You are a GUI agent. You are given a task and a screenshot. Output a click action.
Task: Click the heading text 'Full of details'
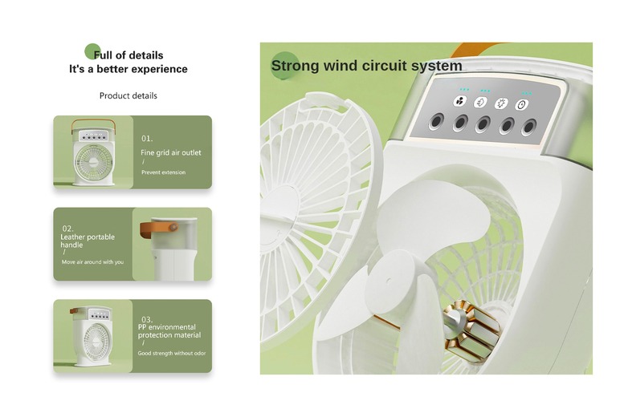pos(128,55)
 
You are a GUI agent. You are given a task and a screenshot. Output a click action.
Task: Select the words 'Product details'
pos(128,95)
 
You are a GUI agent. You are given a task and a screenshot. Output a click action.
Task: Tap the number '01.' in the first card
pos(147,139)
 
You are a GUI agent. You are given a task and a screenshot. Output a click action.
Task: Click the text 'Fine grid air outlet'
pos(171,152)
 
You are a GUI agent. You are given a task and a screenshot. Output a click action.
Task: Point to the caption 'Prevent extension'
pos(163,172)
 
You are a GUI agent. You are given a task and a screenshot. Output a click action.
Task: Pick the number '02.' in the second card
pos(67,229)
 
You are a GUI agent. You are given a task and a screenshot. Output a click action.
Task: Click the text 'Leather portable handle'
pos(88,241)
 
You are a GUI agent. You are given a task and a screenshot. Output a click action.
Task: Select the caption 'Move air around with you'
pos(92,262)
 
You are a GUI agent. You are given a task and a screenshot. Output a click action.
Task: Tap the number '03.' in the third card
pos(147,320)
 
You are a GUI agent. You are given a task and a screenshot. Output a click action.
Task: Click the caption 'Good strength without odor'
pos(172,353)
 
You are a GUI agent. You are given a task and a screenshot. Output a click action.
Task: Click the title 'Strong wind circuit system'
pos(366,66)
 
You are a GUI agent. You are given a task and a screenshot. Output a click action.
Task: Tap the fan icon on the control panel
pos(459,101)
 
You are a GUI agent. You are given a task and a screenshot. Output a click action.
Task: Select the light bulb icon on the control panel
pos(500,103)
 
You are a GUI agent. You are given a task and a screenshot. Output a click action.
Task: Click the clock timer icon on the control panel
pos(521,105)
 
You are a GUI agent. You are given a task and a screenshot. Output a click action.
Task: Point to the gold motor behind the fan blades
pos(471,331)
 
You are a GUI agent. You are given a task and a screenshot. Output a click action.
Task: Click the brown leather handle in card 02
pos(158,229)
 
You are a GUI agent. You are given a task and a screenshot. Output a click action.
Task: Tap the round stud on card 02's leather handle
pos(173,228)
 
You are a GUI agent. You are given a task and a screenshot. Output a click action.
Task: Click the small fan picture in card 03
pos(91,335)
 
